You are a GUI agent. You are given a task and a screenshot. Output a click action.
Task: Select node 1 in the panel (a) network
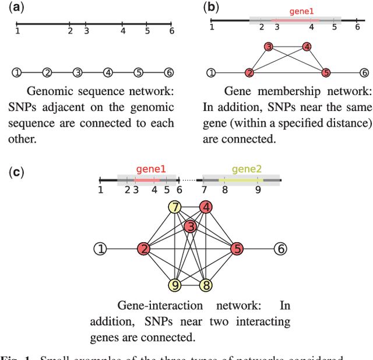click(x=17, y=72)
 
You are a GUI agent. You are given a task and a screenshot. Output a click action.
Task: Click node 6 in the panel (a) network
click(x=168, y=72)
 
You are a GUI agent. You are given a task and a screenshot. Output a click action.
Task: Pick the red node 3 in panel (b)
click(x=268, y=47)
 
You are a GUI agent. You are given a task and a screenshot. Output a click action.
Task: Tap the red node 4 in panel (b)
click(x=307, y=47)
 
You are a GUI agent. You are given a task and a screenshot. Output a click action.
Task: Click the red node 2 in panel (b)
click(x=249, y=73)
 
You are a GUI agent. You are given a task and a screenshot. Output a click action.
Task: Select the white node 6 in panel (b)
click(x=364, y=73)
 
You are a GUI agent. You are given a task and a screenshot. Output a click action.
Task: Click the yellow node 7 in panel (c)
click(x=175, y=207)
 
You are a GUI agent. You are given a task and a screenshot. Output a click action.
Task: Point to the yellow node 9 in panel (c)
click(x=175, y=285)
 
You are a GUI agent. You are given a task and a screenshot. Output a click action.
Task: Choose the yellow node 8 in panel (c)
click(x=205, y=285)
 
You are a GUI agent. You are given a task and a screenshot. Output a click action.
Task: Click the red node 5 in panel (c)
click(x=236, y=249)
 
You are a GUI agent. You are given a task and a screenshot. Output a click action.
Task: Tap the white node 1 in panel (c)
click(x=100, y=249)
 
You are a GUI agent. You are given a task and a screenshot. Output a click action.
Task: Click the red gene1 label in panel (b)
click(x=302, y=11)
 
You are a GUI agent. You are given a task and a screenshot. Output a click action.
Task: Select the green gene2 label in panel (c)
click(x=247, y=169)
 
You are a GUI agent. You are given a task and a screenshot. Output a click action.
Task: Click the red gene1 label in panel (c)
click(x=150, y=169)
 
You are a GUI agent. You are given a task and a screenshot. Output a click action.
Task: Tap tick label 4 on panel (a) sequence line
click(x=122, y=31)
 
